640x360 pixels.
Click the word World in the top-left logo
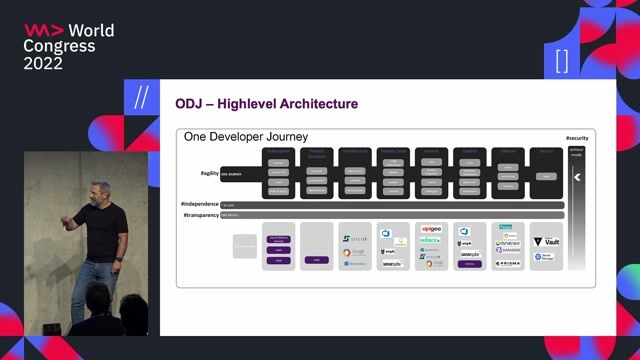(90, 29)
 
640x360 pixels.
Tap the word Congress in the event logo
(60, 46)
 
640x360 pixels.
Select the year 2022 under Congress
(44, 63)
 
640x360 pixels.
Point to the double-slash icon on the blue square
(140, 98)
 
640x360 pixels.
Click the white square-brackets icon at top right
(561, 60)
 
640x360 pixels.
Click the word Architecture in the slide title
(317, 104)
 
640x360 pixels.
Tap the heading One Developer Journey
(244, 136)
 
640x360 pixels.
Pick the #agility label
(208, 173)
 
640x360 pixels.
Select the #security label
(577, 137)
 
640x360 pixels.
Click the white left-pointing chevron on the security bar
(577, 177)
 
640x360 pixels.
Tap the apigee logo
(431, 229)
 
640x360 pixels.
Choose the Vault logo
(545, 241)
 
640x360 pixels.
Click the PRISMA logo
(508, 263)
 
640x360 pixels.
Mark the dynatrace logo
(508, 243)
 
